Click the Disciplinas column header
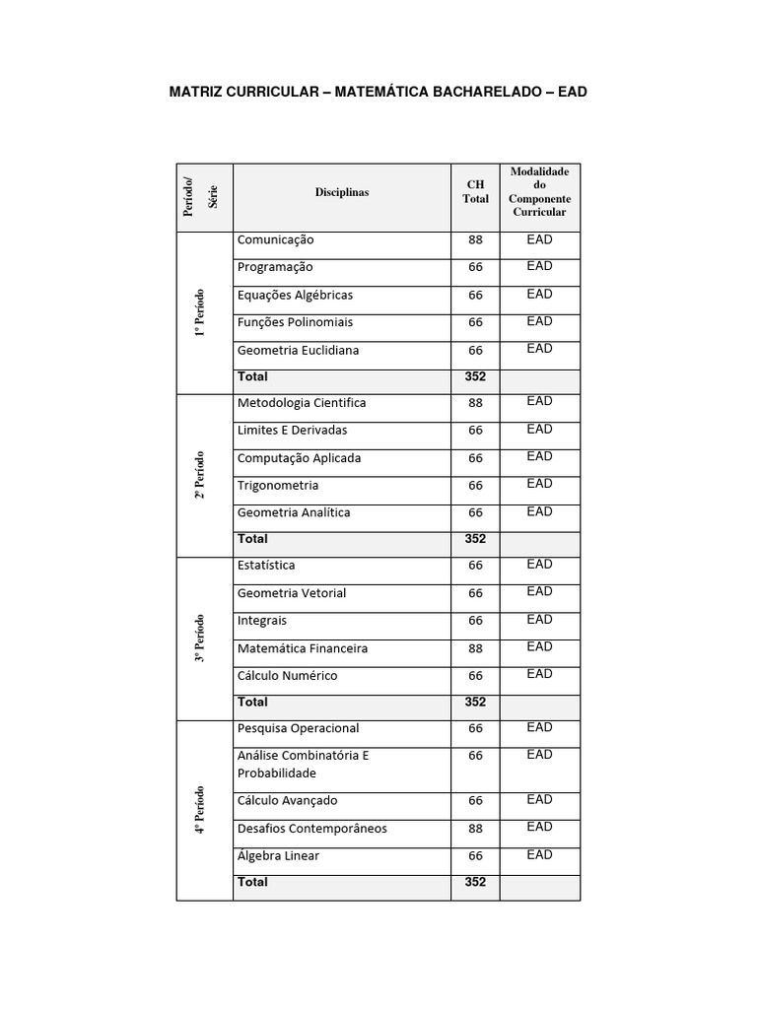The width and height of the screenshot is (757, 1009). (x=342, y=192)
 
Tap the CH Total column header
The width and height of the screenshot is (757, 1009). (x=475, y=191)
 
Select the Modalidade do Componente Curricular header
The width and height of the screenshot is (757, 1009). (x=539, y=192)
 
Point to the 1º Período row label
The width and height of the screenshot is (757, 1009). (x=200, y=312)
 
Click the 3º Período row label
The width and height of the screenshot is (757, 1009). (x=200, y=638)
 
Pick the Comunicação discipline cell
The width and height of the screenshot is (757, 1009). (x=276, y=239)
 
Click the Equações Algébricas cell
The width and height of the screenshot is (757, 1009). (x=295, y=295)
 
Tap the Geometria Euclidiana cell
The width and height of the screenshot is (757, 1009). (x=298, y=350)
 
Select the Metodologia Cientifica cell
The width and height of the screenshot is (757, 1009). (x=302, y=402)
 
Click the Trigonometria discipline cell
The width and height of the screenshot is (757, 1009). (x=278, y=485)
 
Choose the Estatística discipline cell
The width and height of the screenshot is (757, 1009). (x=266, y=565)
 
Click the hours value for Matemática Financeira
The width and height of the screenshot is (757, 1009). (x=475, y=648)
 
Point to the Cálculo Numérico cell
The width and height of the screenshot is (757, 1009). (x=287, y=675)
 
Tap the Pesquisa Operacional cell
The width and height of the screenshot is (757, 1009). (x=298, y=728)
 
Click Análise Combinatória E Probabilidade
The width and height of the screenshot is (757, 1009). (x=303, y=764)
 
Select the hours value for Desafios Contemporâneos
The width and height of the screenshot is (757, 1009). (x=475, y=829)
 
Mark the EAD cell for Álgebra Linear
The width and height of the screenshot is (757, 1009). (x=539, y=854)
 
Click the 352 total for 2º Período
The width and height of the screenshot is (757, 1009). (x=475, y=539)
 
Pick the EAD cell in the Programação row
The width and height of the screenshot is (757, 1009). (x=539, y=266)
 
